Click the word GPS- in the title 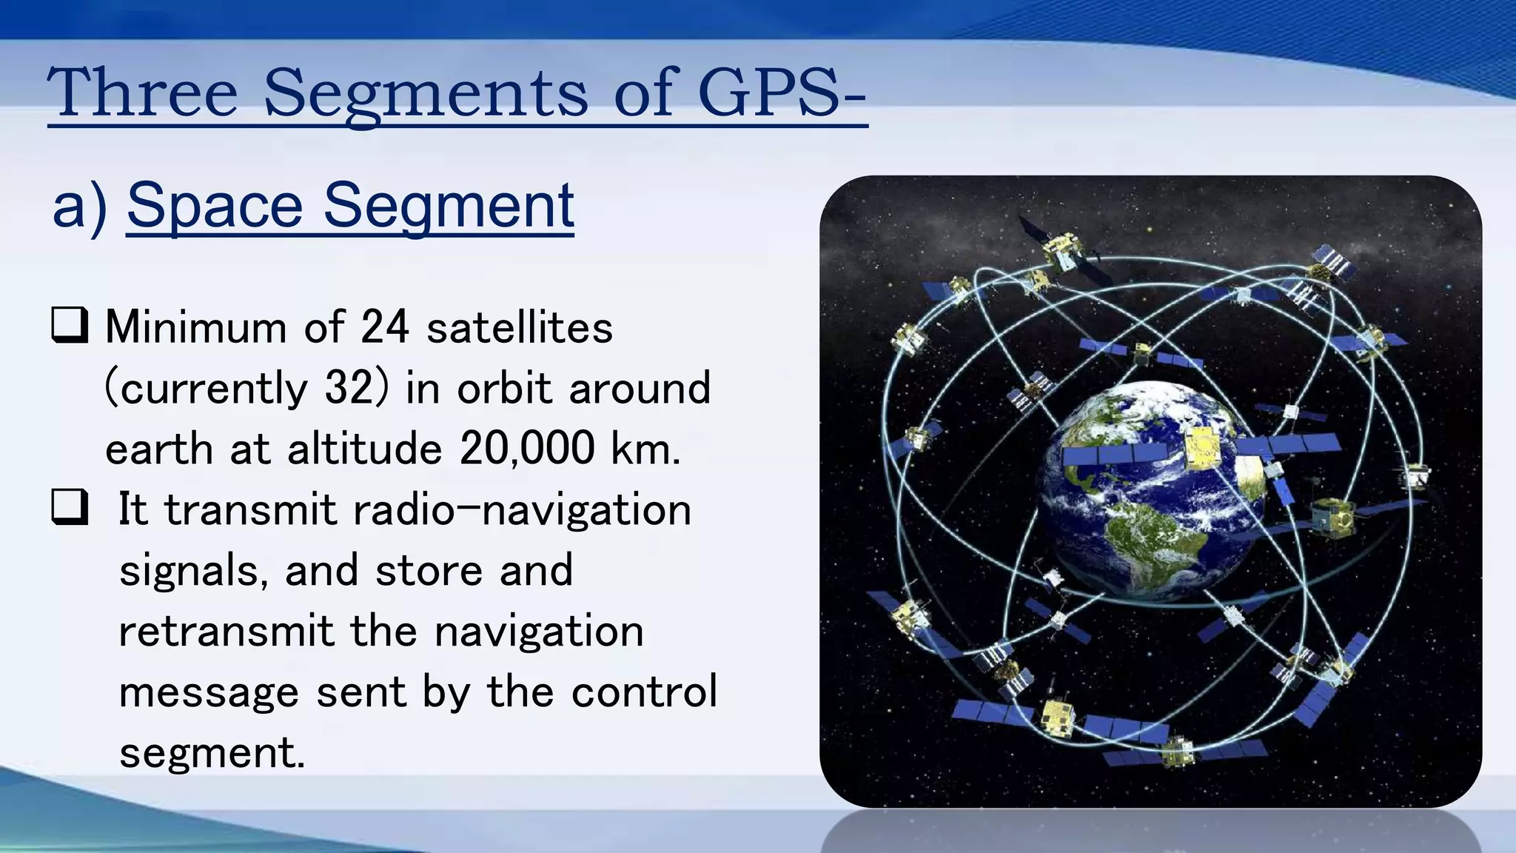coord(781,93)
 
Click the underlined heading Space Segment coord(350,206)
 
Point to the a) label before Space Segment coord(80,207)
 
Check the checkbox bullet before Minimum coord(70,326)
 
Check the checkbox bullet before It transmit coord(70,508)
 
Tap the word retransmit coord(227,632)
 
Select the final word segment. coord(212,754)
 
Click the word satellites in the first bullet coord(520,327)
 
